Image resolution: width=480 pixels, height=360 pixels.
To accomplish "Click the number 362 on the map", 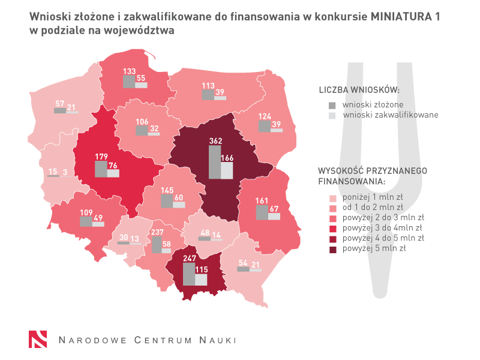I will (x=216, y=141).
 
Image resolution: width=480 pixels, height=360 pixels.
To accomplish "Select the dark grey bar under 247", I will (x=189, y=273).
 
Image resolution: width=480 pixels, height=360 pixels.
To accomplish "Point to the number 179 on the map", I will (x=101, y=157).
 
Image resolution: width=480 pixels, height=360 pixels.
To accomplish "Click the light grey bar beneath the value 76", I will (x=113, y=173).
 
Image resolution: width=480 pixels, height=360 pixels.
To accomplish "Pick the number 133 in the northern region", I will (x=129, y=71).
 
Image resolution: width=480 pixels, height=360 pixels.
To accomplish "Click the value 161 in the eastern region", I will (x=262, y=201).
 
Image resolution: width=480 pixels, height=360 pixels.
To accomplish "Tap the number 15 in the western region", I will (x=53, y=171).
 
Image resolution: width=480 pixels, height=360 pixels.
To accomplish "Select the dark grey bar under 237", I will (x=156, y=244).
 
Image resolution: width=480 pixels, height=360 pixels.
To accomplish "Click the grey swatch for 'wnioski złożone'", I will (x=332, y=105).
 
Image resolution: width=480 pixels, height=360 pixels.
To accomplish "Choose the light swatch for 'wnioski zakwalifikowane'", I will (x=332, y=115).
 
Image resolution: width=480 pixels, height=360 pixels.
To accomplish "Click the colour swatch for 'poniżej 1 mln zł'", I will (x=332, y=197).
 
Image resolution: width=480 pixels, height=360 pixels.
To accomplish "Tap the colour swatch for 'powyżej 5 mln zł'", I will (x=332, y=248).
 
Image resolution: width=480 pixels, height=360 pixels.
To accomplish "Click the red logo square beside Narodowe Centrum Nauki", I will (x=38, y=339).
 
